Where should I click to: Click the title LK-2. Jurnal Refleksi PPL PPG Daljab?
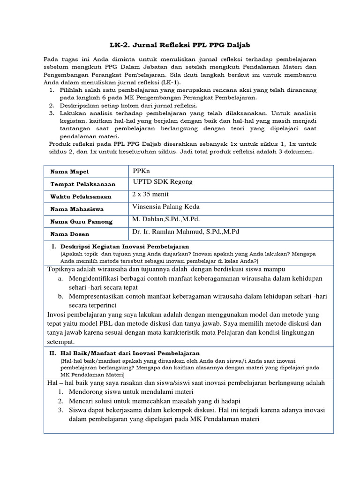coord(180,45)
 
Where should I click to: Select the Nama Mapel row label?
coord(69,172)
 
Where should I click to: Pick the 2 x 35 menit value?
coord(151,194)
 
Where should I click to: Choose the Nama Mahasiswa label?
coord(77,209)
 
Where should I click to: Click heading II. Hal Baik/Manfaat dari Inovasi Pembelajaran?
coord(125,353)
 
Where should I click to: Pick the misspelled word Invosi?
coord(58,314)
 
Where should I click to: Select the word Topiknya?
coord(63,269)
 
